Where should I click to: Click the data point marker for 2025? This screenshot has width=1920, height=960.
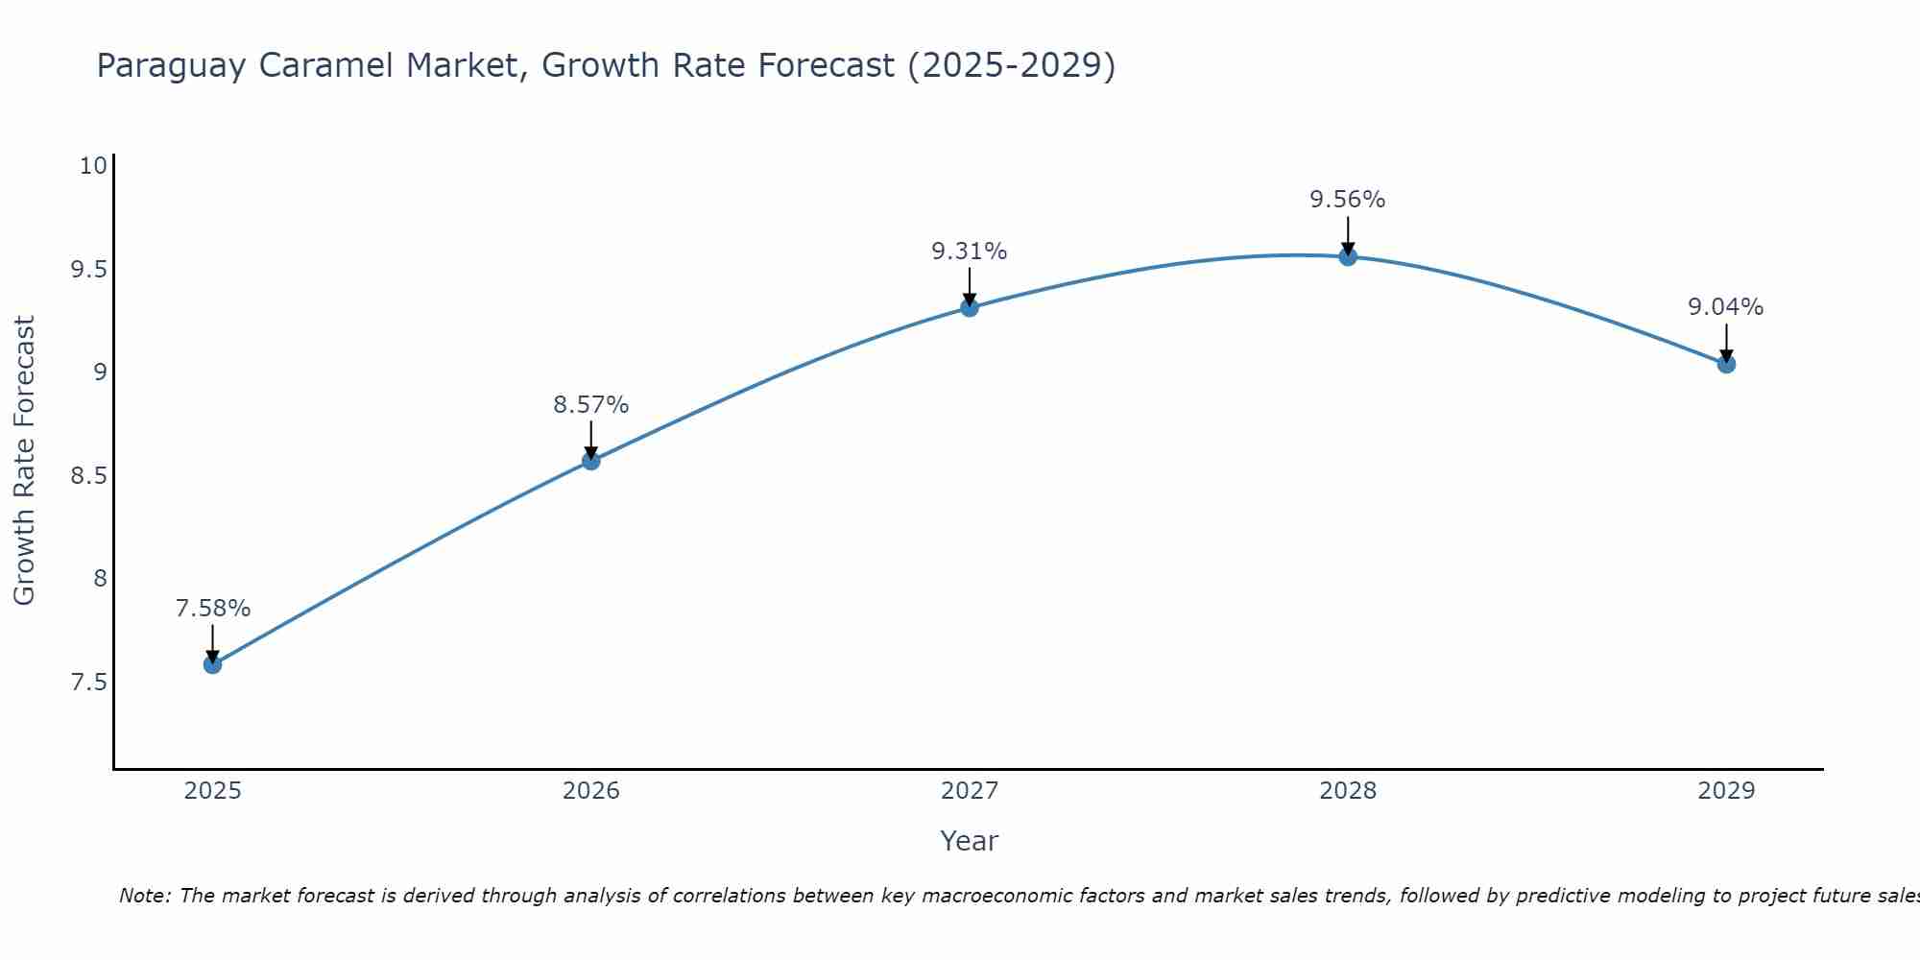click(213, 664)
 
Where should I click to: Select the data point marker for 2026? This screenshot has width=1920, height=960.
click(591, 461)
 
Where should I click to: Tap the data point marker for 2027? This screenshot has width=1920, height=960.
click(970, 307)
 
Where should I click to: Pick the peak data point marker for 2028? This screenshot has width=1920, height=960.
click(1348, 256)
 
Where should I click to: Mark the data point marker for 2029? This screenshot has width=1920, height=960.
click(1726, 364)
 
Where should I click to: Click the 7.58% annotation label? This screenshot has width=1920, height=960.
click(213, 609)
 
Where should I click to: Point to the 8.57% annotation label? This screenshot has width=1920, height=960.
click(591, 405)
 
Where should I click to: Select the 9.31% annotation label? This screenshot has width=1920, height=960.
click(970, 252)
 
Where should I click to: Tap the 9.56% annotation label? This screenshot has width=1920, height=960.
click(1348, 200)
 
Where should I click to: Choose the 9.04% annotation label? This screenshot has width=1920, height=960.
click(1726, 307)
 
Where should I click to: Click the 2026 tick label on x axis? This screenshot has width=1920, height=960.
click(591, 791)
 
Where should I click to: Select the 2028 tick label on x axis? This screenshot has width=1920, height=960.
click(1348, 791)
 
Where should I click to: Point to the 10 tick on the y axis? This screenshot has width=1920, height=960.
click(92, 166)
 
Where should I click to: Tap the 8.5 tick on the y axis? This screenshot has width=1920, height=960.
click(88, 476)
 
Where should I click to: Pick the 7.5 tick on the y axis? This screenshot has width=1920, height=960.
click(88, 683)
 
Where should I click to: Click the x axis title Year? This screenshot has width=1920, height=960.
click(970, 841)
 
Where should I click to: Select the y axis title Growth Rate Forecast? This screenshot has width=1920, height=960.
click(24, 461)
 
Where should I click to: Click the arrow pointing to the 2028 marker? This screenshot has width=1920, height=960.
click(1348, 235)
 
